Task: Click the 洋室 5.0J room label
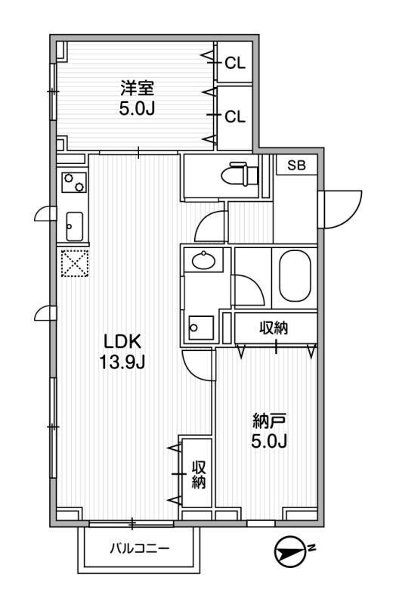(x=137, y=98)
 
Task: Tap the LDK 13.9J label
(x=122, y=351)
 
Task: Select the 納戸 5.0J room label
(x=270, y=429)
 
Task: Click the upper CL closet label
(x=235, y=64)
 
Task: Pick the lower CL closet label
(x=235, y=116)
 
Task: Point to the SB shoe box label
(x=295, y=166)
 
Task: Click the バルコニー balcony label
(x=140, y=548)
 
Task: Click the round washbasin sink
(x=204, y=262)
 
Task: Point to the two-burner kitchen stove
(x=74, y=182)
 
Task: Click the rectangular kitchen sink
(x=74, y=225)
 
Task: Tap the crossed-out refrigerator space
(x=75, y=265)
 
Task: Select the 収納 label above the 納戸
(x=274, y=328)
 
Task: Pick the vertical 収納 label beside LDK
(x=198, y=474)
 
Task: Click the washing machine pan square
(x=200, y=327)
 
